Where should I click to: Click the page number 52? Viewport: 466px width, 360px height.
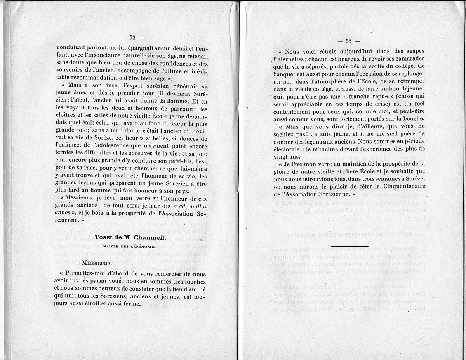point(132,37)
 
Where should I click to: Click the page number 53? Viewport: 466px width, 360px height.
point(348,41)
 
